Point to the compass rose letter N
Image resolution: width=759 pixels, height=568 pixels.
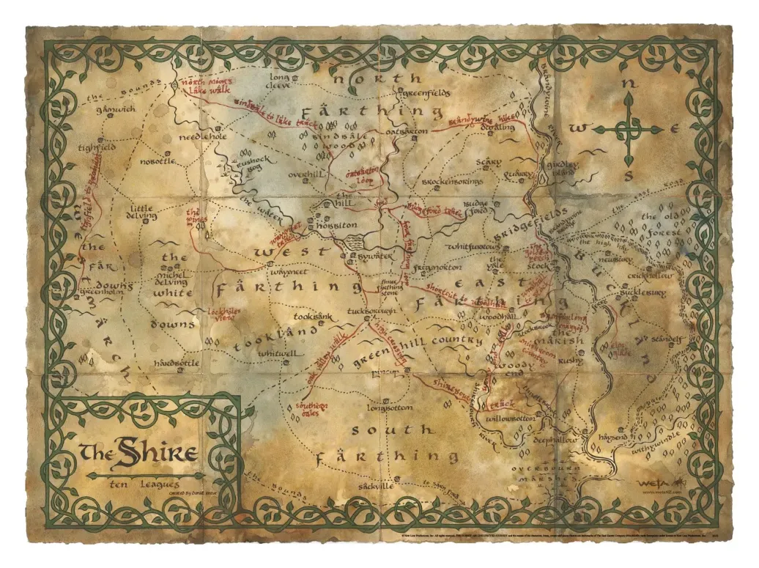(x=627, y=84)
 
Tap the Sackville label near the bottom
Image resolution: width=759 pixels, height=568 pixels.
(x=377, y=486)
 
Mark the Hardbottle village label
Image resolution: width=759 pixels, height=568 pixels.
(x=176, y=363)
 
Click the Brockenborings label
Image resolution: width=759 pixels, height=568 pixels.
(x=452, y=180)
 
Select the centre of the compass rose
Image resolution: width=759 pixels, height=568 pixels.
(x=628, y=130)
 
